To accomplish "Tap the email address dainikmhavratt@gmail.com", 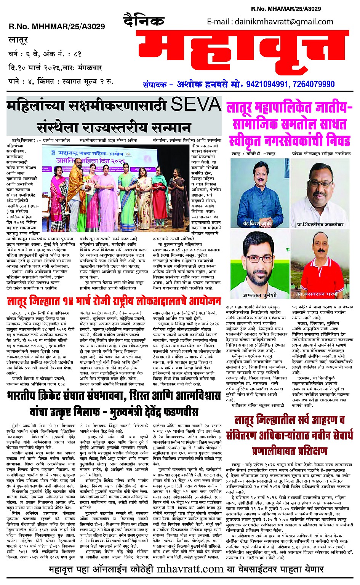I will (270, 22).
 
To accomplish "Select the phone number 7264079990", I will (312, 84).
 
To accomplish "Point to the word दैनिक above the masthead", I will (144, 21).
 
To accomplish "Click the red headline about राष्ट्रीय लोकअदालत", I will (114, 302).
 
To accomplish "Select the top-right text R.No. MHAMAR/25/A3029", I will (286, 8).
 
